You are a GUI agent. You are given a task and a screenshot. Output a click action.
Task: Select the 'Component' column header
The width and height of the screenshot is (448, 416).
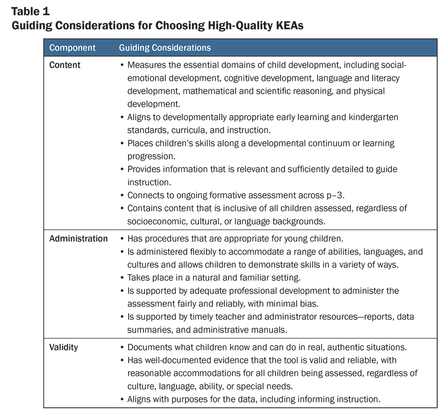click(x=72, y=47)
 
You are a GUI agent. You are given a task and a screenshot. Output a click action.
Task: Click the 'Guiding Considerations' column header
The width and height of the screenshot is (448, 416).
click(x=165, y=47)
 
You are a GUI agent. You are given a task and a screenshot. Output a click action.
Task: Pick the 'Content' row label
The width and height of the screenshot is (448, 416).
click(x=65, y=65)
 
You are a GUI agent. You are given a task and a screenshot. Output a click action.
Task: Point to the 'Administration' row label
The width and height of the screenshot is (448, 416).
click(x=78, y=239)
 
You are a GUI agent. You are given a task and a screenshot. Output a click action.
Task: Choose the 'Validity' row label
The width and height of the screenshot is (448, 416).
click(x=64, y=347)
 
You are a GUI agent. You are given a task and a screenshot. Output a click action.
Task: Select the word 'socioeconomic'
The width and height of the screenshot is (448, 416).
click(x=157, y=221)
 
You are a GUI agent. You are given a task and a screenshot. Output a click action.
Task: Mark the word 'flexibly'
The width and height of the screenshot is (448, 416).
click(x=193, y=252)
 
